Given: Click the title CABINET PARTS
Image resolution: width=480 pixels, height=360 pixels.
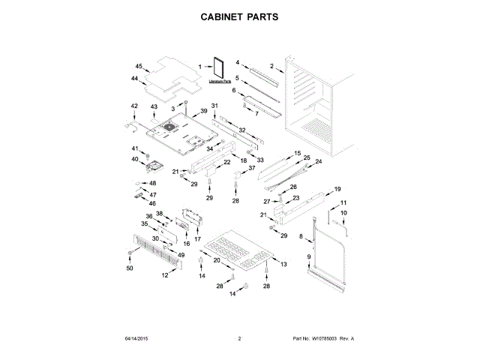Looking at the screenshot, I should coord(239,16).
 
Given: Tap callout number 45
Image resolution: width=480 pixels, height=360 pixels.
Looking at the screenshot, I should coord(139,66).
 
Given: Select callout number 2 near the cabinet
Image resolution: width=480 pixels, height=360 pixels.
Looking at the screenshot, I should coord(272,66).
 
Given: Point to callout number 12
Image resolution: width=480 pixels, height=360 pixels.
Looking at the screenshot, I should coord(165,276).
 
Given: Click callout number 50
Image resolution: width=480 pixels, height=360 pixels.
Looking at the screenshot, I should coord(130,268).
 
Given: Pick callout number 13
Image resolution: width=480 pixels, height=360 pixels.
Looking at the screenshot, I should coord(284,265).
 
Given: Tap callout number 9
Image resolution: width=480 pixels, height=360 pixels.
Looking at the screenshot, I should coord(308,257).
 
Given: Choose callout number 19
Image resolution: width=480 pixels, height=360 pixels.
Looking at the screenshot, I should coord(337,189).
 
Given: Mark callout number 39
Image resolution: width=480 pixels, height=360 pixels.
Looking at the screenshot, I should coord(203,111).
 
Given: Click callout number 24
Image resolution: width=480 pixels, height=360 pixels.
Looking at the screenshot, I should coord(318,161).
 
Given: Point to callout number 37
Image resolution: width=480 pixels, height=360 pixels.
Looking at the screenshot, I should coord(252,168).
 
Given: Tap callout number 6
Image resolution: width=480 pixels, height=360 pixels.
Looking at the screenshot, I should coord(233,91).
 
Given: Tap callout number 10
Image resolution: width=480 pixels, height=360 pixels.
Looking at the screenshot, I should coord(344,214).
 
